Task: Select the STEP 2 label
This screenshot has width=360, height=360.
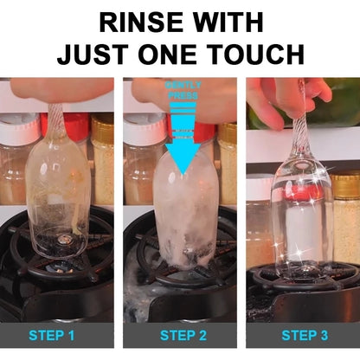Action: coord(180,335)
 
